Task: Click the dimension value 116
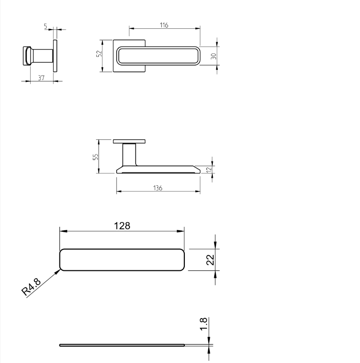164,26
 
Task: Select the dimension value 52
98,54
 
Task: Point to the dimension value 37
41,78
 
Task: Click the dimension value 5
46,27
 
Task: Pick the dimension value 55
95,156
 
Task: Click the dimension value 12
209,169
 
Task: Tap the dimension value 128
122,226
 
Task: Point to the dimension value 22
210,259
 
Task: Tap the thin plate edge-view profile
122,345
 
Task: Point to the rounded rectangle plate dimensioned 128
122,260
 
